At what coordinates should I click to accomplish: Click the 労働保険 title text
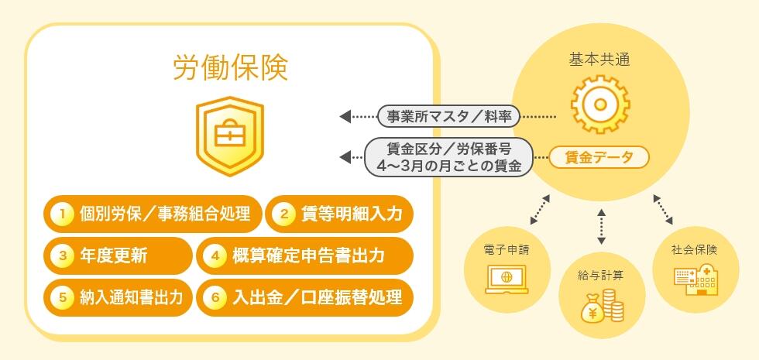[x=231, y=67]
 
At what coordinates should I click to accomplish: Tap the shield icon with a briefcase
[x=230, y=135]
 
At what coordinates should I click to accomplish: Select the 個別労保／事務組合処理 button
[x=153, y=214]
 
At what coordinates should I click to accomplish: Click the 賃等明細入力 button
[x=339, y=214]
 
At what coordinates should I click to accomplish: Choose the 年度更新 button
[x=118, y=255]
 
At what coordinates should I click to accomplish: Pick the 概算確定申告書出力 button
[x=305, y=255]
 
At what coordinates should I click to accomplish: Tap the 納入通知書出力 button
[x=118, y=297]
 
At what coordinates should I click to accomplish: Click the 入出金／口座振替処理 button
[x=305, y=297]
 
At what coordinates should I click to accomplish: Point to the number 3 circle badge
[x=63, y=255]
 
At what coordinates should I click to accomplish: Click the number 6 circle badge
[x=215, y=297]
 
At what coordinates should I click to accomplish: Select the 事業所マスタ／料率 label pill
[x=448, y=116]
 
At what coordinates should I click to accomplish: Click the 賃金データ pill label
[x=599, y=156]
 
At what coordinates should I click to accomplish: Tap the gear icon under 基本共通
[x=600, y=105]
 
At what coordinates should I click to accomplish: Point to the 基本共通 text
[x=599, y=60]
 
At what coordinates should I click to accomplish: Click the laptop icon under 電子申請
[x=507, y=280]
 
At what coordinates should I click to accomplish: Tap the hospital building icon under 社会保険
[x=695, y=280]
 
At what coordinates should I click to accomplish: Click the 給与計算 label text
[x=601, y=276]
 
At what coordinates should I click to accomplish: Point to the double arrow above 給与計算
[x=601, y=226]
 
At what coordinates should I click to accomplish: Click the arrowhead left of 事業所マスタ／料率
[x=345, y=116]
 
